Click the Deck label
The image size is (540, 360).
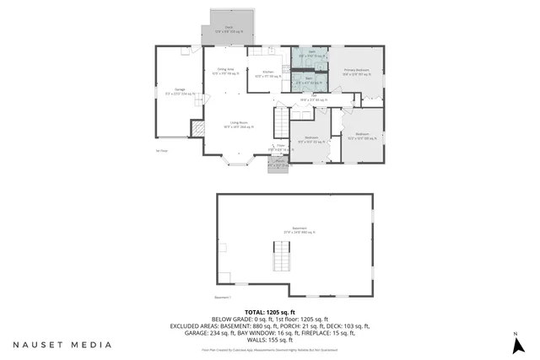[227, 29]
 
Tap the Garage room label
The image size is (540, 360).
[180, 90]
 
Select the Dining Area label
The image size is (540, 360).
[225, 71]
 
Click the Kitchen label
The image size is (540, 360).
[268, 74]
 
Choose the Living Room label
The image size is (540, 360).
[242, 125]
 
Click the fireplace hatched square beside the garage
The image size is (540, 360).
[197, 128]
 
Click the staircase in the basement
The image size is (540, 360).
[280, 255]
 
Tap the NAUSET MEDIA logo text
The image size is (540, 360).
[62, 344]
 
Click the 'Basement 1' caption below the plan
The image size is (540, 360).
[222, 298]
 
